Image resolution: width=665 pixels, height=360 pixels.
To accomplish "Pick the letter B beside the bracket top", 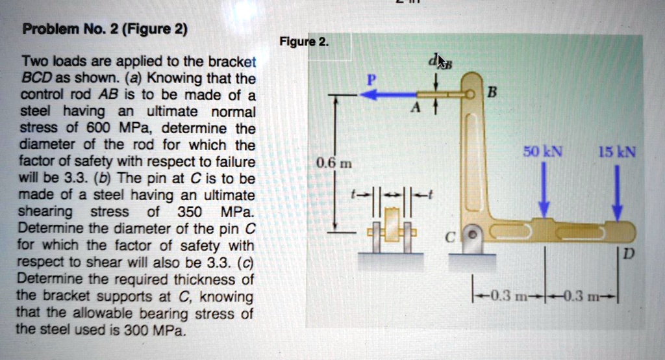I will (x=491, y=92).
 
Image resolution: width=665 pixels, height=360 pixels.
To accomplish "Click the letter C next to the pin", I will (x=448, y=238).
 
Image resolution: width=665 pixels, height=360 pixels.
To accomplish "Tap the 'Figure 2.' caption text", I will (x=303, y=43).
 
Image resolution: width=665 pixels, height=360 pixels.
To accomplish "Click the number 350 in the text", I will (x=189, y=212).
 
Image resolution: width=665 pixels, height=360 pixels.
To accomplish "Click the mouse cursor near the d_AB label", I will (x=441, y=62).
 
